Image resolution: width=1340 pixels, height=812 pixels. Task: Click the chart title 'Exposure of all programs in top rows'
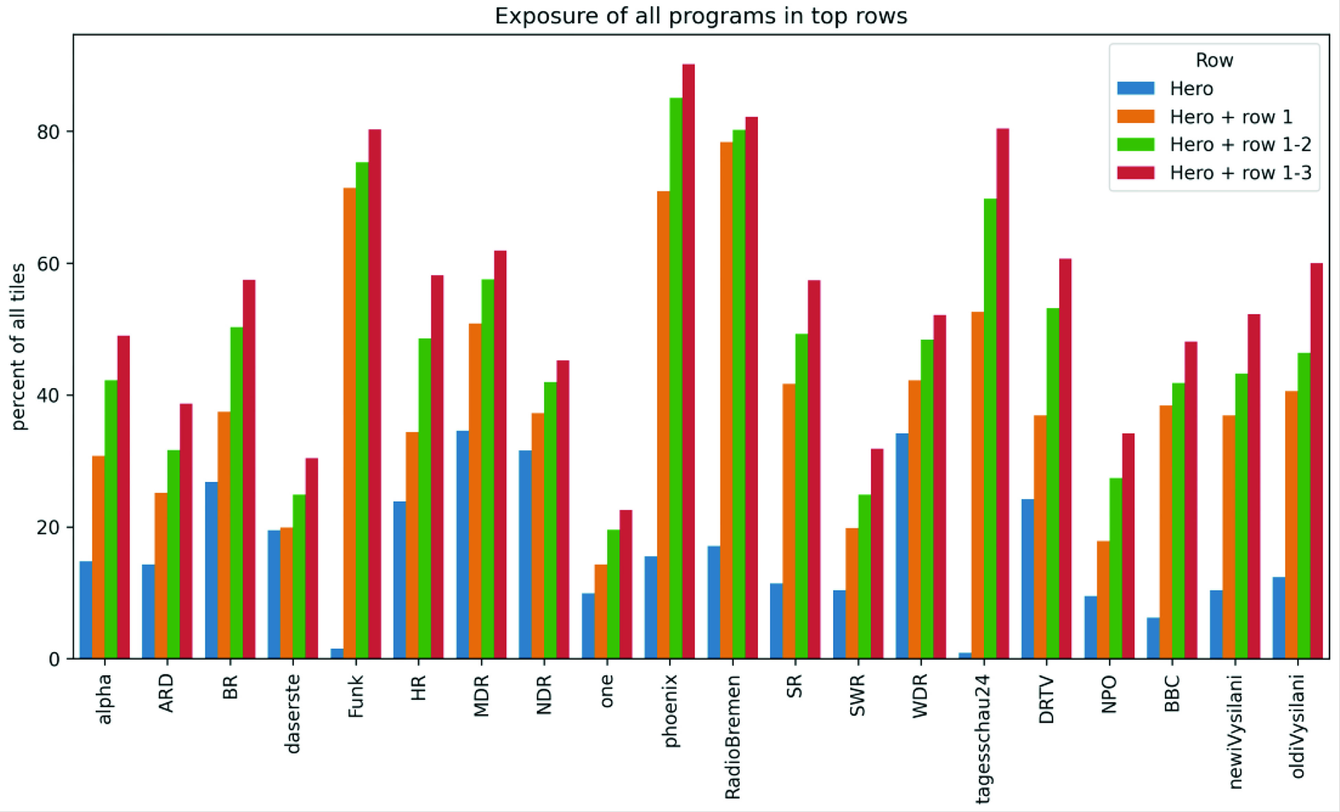point(701,16)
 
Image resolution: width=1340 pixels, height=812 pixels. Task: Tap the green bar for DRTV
point(1053,483)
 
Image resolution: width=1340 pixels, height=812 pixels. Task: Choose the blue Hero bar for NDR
point(525,554)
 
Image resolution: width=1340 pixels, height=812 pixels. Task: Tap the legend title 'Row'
point(1214,60)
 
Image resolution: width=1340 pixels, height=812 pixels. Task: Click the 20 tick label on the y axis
point(48,527)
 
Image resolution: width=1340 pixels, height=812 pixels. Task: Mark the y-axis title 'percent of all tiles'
point(19,347)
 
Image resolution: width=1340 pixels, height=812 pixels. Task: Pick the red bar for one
point(626,584)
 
